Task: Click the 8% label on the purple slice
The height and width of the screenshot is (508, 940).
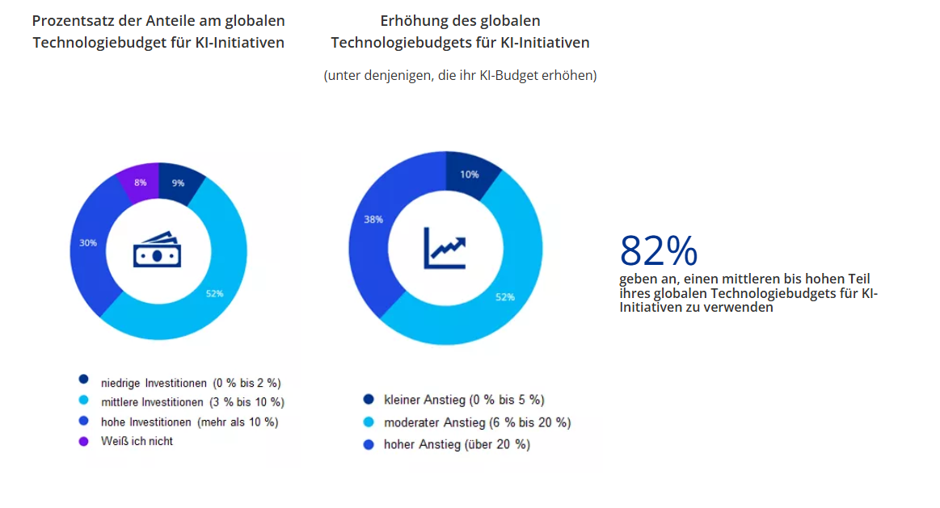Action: click(141, 183)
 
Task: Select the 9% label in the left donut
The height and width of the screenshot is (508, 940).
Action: click(178, 183)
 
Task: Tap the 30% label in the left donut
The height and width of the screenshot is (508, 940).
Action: click(88, 242)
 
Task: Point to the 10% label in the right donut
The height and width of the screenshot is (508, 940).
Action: click(469, 174)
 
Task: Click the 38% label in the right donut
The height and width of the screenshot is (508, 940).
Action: click(373, 220)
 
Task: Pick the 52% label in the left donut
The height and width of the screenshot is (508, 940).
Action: click(214, 293)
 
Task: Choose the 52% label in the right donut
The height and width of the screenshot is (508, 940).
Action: click(504, 297)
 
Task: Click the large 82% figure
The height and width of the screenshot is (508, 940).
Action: click(659, 251)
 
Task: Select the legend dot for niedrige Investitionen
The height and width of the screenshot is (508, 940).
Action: click(83, 379)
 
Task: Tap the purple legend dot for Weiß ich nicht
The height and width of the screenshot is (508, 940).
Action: click(83, 441)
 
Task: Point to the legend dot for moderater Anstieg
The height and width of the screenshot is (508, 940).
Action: click(369, 422)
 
